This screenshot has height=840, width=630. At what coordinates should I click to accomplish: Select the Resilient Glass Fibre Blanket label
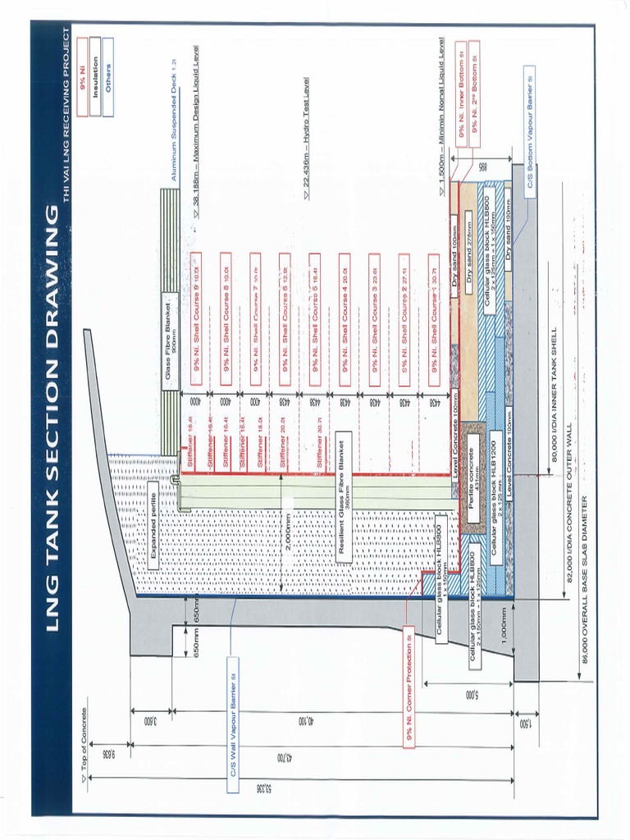[345, 500]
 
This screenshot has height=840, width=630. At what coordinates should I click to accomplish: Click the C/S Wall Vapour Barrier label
[233, 724]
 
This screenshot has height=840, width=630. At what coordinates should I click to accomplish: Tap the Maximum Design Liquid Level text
[197, 132]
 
